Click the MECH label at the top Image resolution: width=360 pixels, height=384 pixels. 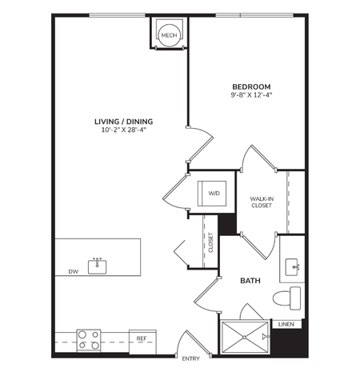point(169,35)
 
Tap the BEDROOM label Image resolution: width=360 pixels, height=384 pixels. point(251,87)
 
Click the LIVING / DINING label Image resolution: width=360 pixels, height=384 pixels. point(123,122)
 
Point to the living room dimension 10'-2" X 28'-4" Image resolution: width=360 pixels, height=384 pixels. point(123,132)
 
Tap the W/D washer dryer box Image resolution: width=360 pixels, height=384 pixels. point(214,194)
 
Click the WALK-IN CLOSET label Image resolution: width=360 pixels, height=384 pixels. point(262,201)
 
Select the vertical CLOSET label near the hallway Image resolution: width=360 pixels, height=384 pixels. point(211,243)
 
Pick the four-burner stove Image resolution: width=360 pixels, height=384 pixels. point(88,340)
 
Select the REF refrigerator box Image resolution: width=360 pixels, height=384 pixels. point(141,339)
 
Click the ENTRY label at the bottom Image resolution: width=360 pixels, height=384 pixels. point(190,358)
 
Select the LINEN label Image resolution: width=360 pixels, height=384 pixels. point(286,324)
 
